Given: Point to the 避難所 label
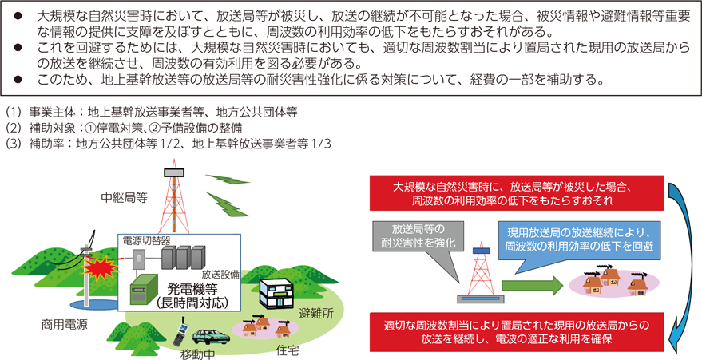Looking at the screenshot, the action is pyautogui.click(x=316, y=313).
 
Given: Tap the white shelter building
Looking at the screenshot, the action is pyautogui.click(x=276, y=293).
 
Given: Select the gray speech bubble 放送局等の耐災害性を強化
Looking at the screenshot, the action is pyautogui.click(x=415, y=243).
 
